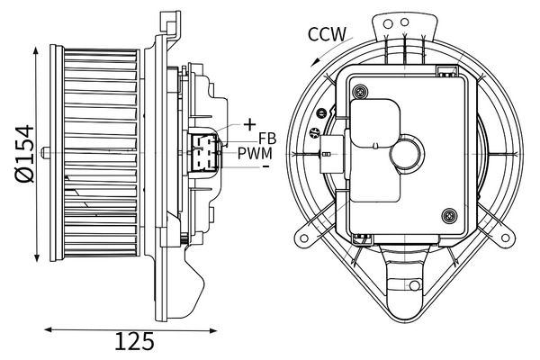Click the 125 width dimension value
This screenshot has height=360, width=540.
point(135,342)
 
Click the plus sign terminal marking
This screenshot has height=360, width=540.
point(248,123)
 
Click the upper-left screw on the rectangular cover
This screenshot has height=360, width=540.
point(360,91)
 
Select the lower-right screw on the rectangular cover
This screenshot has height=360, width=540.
point(448,215)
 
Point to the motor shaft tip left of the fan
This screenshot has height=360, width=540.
point(46,148)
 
